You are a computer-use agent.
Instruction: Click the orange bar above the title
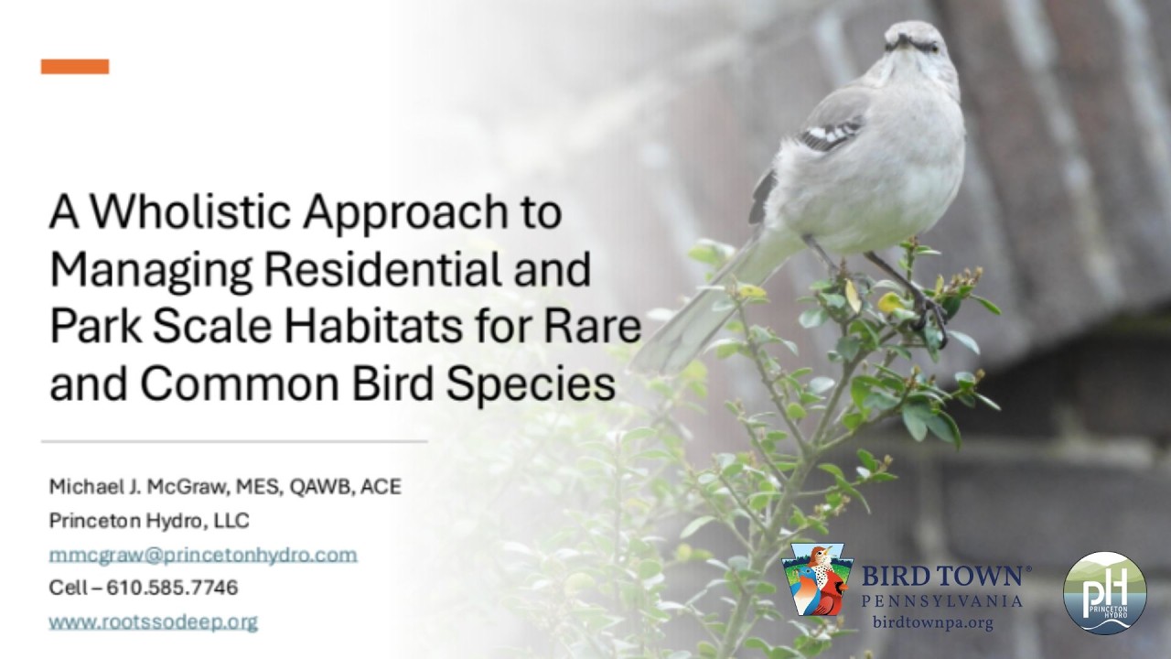pos(75,67)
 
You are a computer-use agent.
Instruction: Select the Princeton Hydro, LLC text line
pos(149,521)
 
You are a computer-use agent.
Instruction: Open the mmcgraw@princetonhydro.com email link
pos(202,555)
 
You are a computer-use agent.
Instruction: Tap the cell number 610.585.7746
pos(172,588)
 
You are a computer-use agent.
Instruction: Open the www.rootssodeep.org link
pos(153,622)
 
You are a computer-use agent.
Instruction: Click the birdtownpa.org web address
pos(933,623)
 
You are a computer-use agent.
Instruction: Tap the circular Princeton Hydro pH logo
pos(1104,592)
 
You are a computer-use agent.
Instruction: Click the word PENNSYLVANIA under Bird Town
pos(942,601)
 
